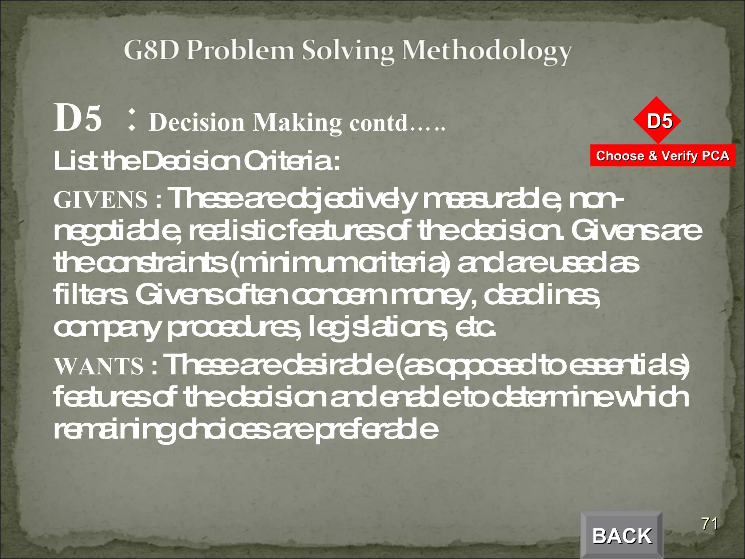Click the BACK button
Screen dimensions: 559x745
click(x=622, y=535)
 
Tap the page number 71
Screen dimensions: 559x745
click(x=709, y=524)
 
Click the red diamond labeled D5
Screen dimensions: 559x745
click(x=657, y=120)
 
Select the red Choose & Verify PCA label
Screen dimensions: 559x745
click(x=662, y=156)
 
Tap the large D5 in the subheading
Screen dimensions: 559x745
click(x=77, y=118)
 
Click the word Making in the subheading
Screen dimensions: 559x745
click(x=297, y=123)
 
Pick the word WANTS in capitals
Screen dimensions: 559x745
click(x=99, y=366)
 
